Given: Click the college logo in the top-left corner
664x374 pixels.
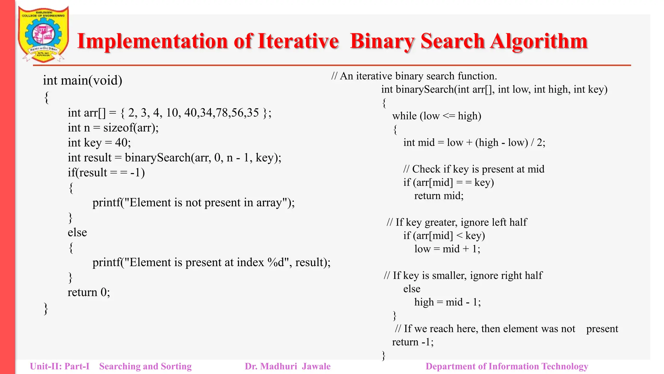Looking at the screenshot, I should pos(43,34).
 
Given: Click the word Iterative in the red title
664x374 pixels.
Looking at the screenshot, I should pos(298,41).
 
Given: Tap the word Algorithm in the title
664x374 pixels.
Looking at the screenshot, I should pos(539,41).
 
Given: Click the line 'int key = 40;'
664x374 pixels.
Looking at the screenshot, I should pos(99,143).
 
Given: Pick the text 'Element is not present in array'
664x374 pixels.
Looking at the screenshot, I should pos(208,203).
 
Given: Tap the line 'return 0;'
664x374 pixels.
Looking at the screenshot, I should pos(89,292).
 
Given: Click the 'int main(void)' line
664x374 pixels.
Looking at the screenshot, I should pos(82,81).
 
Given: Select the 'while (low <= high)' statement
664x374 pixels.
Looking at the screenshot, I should pos(436,116).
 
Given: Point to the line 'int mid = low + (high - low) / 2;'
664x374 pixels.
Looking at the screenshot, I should pos(474,143).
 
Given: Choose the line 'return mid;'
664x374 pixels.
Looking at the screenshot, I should pos(439,196).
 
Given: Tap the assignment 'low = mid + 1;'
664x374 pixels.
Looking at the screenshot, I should pos(447,249).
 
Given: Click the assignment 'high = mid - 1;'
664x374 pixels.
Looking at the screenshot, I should pos(447,302).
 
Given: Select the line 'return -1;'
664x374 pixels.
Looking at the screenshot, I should pos(413,342).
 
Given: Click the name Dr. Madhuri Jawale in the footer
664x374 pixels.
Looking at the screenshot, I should pos(288,367).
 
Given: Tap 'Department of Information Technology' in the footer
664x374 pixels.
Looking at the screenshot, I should pos(506,367).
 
